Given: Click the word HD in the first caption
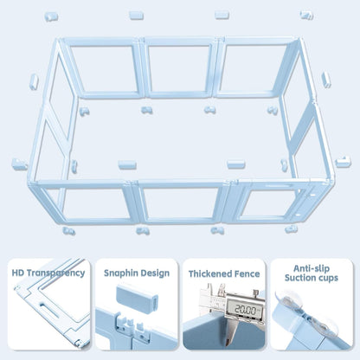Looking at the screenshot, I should click(19, 273).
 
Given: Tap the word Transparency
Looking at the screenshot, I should click(56, 273).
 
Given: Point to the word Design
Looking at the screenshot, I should click(155, 273).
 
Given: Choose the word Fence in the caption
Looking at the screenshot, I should click(247, 273).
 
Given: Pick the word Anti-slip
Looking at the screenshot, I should click(311, 267).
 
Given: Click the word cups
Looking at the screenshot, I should click(331, 280).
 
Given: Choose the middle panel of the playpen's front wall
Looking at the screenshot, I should click(179, 202).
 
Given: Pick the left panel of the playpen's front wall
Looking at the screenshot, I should click(94, 202).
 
